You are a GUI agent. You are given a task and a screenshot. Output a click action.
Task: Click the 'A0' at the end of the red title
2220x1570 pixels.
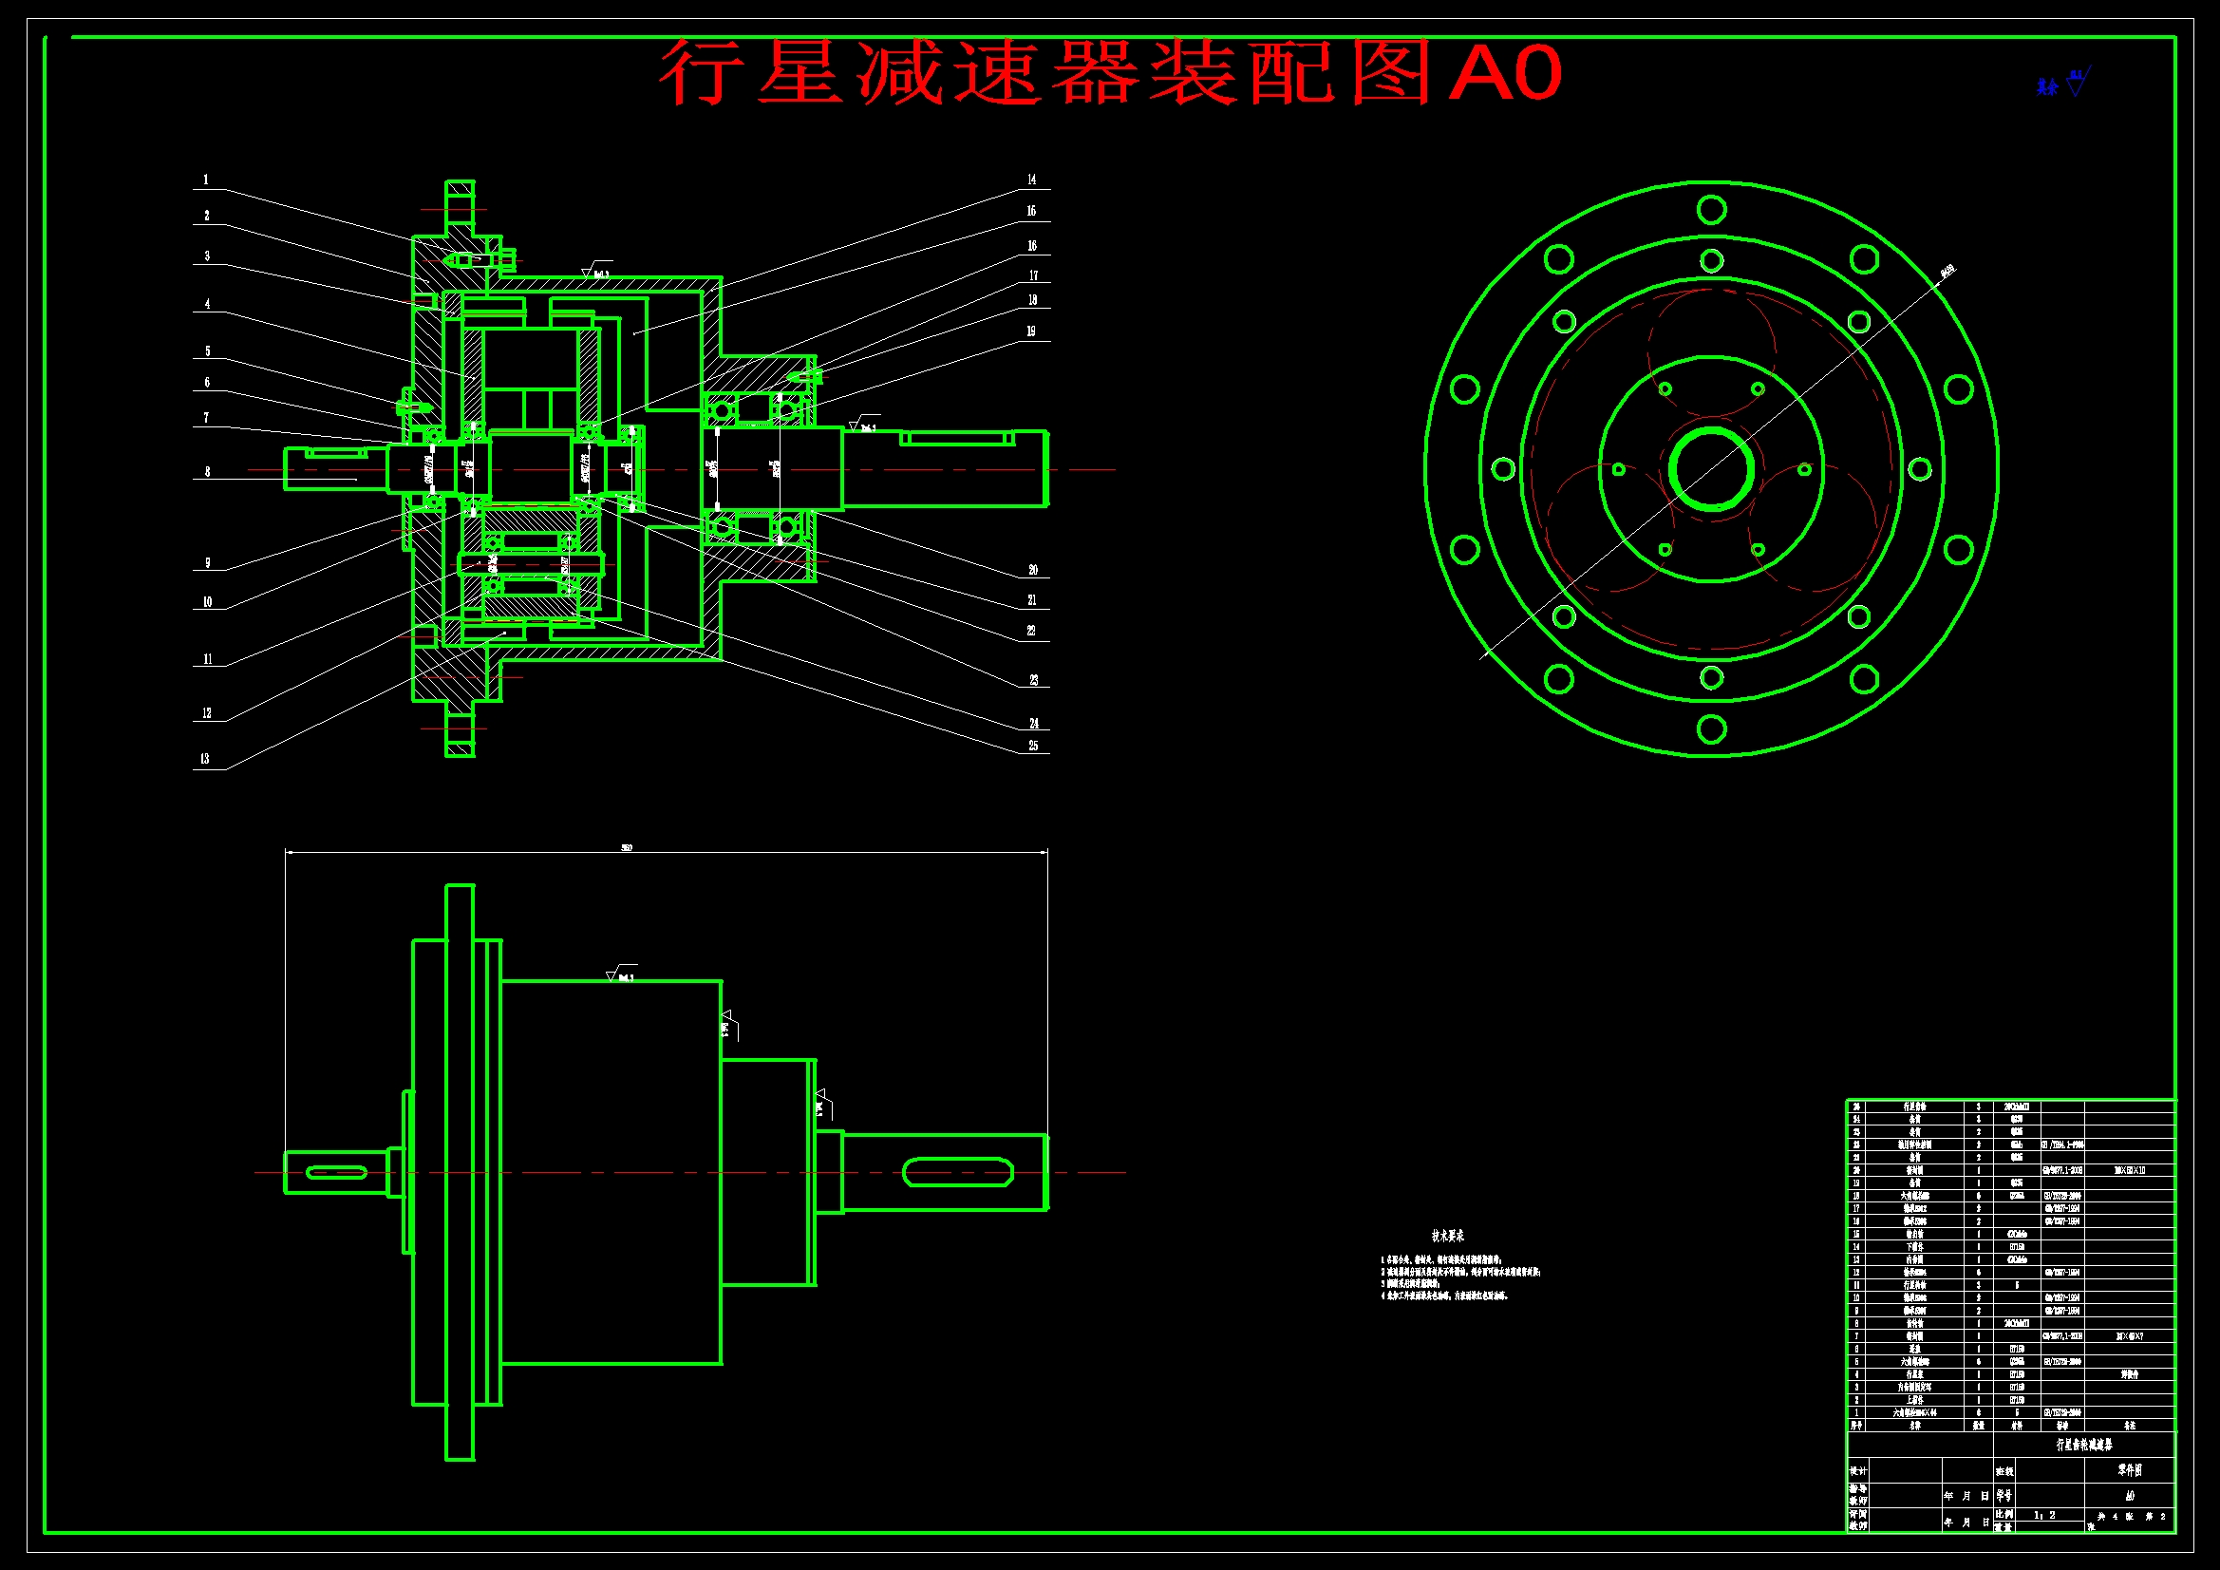pos(1504,73)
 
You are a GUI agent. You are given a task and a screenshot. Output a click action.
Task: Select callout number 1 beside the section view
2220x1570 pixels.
pos(205,180)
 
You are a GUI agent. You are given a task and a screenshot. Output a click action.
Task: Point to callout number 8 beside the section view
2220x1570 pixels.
pos(207,472)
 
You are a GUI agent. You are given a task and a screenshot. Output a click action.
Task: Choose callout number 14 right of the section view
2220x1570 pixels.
pos(1032,180)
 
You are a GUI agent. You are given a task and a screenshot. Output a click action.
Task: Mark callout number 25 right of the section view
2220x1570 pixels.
pos(1033,746)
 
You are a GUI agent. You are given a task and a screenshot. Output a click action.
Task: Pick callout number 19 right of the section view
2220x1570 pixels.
pos(1031,331)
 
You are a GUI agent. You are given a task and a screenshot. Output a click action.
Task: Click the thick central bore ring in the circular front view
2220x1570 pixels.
pos(1711,470)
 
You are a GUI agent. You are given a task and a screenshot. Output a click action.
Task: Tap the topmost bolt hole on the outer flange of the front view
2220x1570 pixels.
pos(1711,210)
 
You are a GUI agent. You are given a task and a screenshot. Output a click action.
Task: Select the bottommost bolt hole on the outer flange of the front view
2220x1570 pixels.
pos(1711,728)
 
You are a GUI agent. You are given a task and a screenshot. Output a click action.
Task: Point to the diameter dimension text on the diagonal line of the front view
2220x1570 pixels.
pos(1947,272)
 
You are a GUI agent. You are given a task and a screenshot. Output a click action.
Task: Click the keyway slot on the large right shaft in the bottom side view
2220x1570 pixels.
pos(957,1172)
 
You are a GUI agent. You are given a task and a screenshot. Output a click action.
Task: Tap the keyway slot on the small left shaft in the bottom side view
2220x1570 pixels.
pos(335,1172)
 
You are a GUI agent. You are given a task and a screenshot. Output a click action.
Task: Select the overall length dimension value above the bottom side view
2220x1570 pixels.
pos(627,848)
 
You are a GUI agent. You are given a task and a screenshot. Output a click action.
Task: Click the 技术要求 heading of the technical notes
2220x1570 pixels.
pos(1447,1237)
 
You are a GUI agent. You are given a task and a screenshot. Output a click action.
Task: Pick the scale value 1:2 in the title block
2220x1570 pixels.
pos(2045,1515)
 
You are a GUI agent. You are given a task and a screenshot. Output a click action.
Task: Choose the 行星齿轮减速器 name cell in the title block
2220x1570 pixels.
pos(2083,1445)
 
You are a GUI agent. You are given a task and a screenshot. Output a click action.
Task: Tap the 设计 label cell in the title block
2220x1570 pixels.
pos(1858,1470)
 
